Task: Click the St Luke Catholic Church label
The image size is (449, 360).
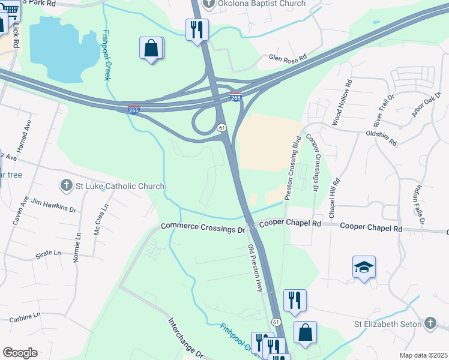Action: pyautogui.click(x=119, y=186)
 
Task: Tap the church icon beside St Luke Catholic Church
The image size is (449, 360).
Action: pyautogui.click(x=67, y=185)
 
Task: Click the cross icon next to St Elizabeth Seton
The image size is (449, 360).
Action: pyautogui.click(x=429, y=324)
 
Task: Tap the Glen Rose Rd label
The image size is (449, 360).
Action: pyautogui.click(x=288, y=58)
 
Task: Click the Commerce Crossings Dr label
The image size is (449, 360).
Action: pyautogui.click(x=203, y=228)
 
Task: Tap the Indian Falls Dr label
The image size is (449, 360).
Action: pyautogui.click(x=418, y=204)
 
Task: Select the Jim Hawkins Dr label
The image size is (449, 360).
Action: pyautogui.click(x=53, y=206)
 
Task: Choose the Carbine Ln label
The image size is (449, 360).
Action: pyautogui.click(x=24, y=314)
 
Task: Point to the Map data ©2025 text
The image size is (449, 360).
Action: pyautogui.click(x=423, y=355)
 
